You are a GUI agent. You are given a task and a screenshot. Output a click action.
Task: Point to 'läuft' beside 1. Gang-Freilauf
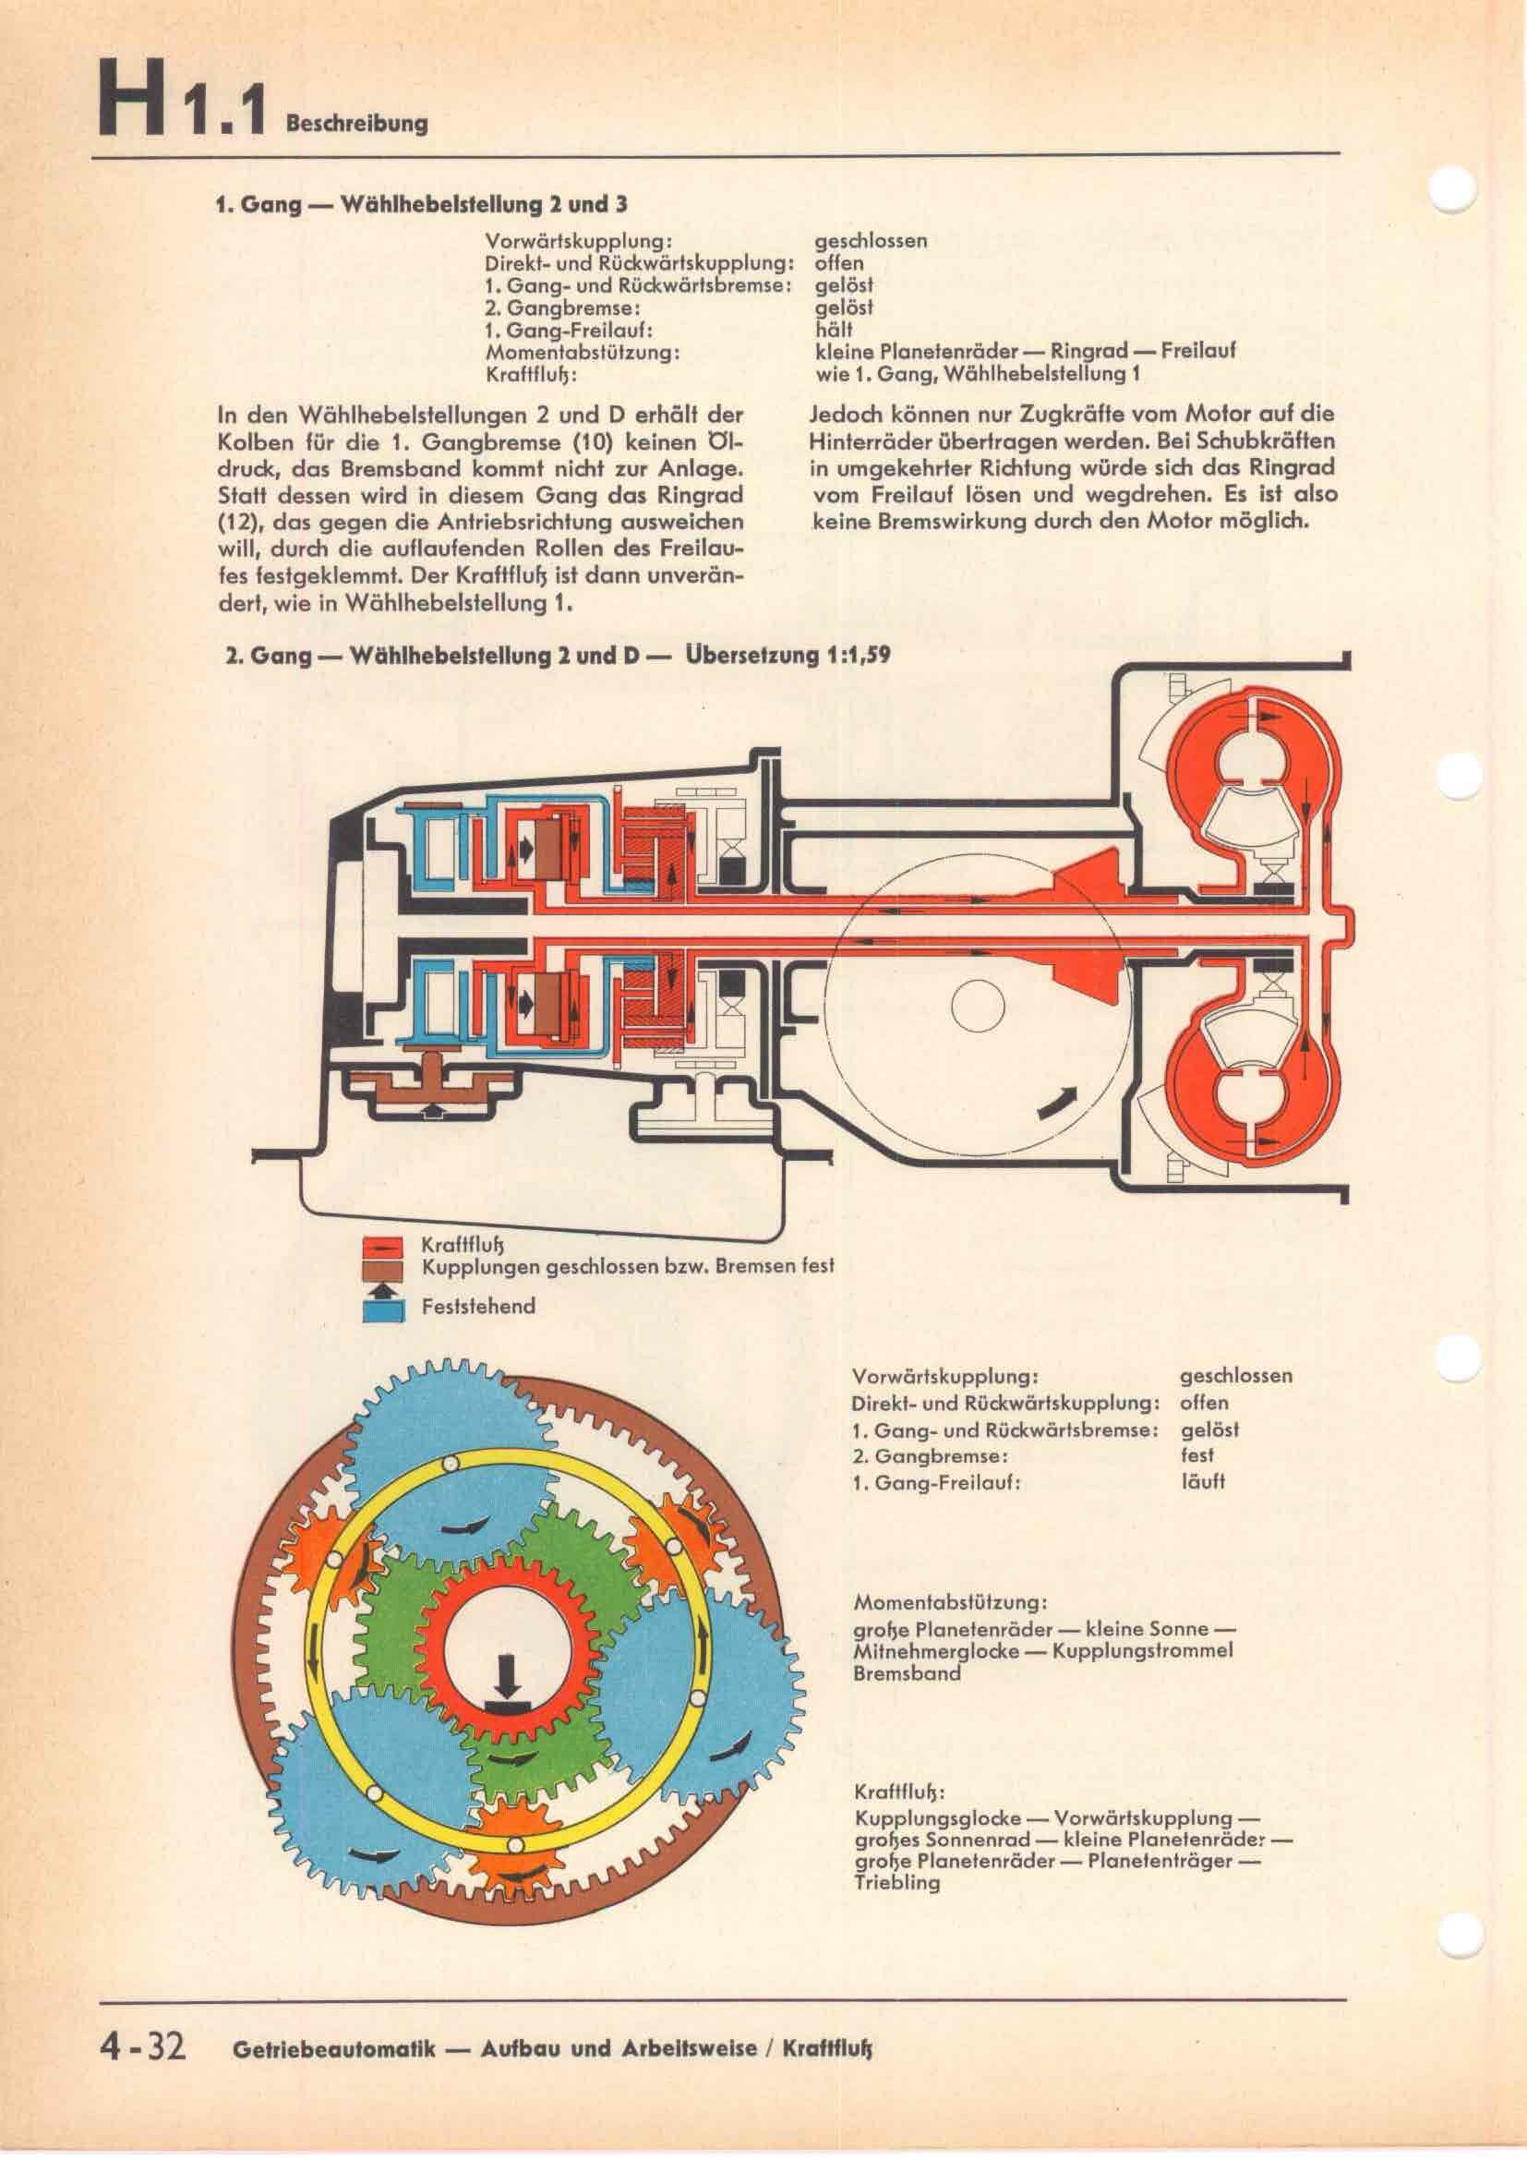(x=1203, y=1480)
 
